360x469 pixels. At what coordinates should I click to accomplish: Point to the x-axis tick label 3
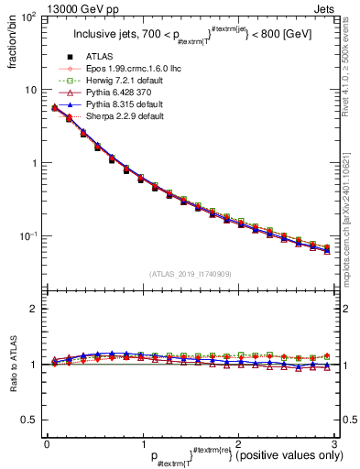[335, 443]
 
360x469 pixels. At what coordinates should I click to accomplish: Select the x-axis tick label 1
[143, 443]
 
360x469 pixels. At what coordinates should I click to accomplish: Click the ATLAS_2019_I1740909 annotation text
[191, 273]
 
